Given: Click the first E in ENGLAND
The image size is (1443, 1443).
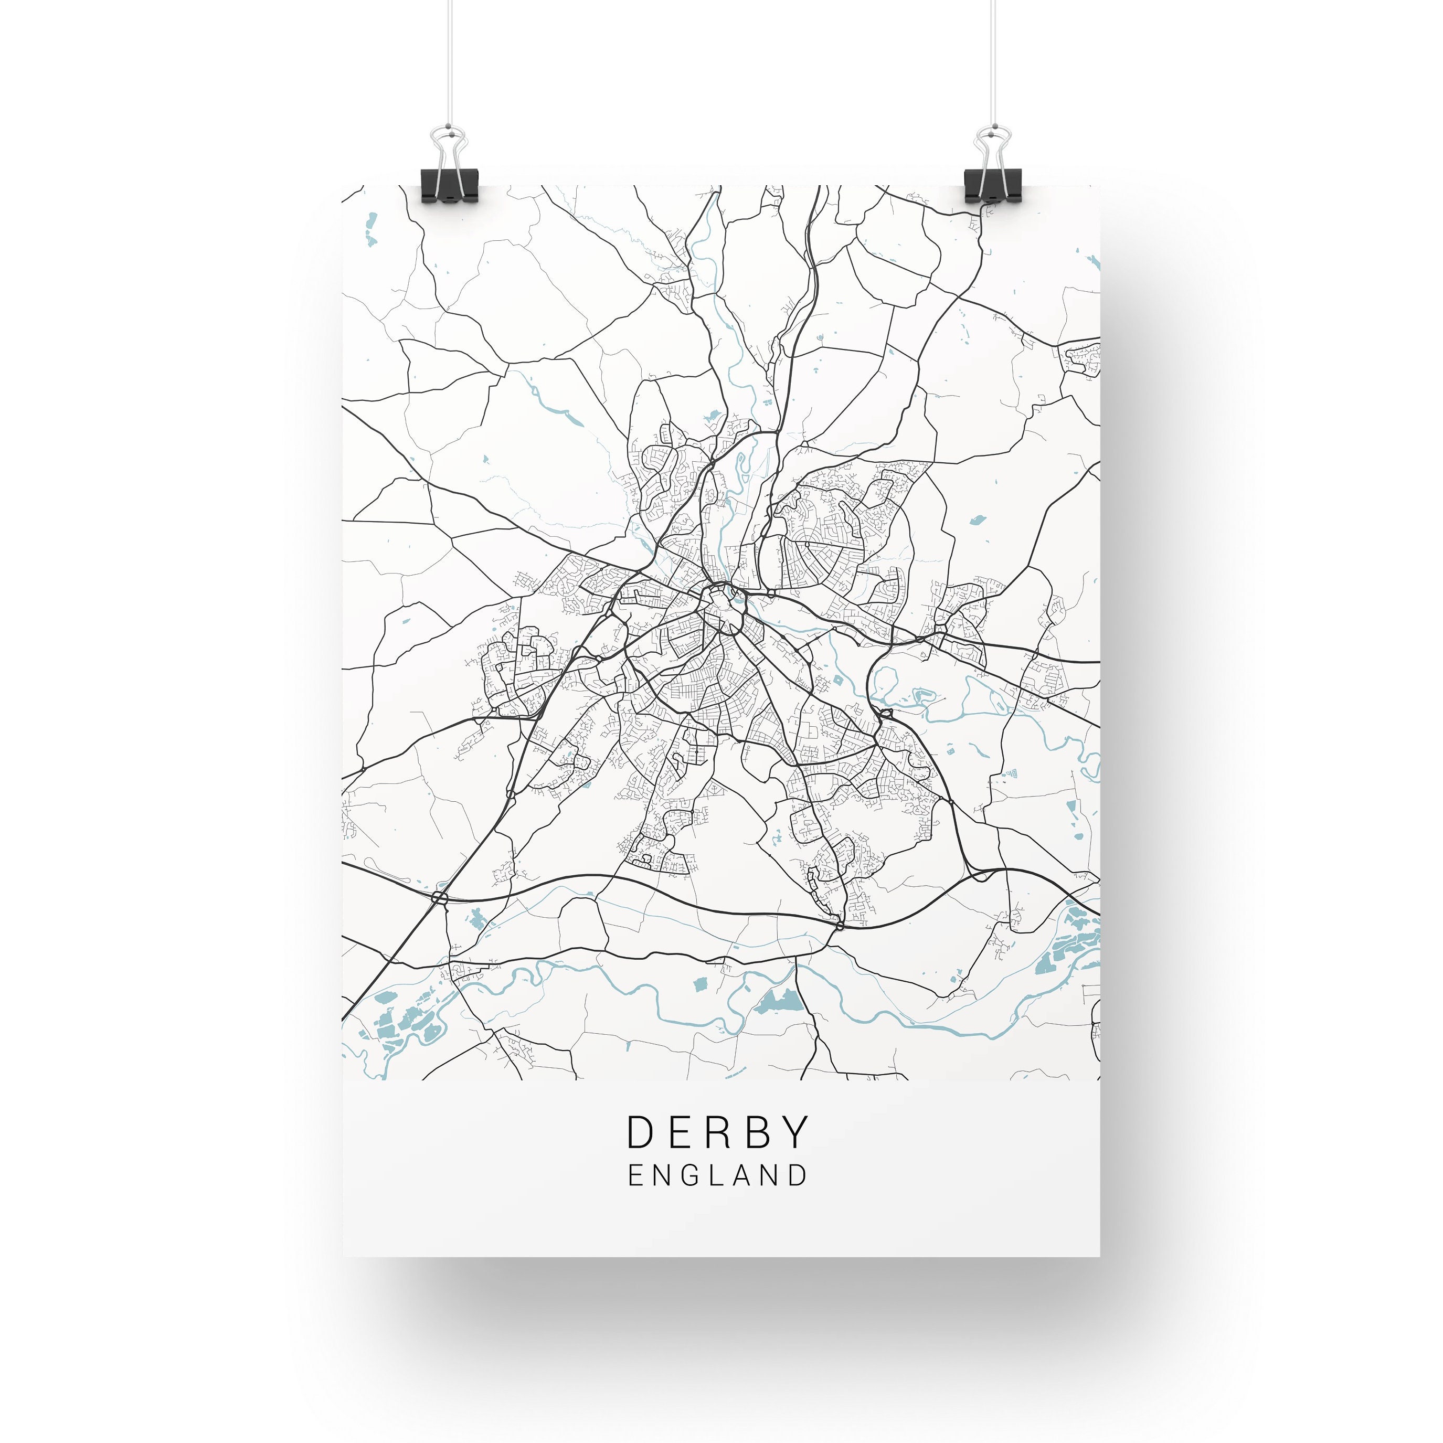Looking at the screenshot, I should (x=635, y=1175).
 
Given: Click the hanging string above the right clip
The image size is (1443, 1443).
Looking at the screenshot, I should (x=993, y=60).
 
